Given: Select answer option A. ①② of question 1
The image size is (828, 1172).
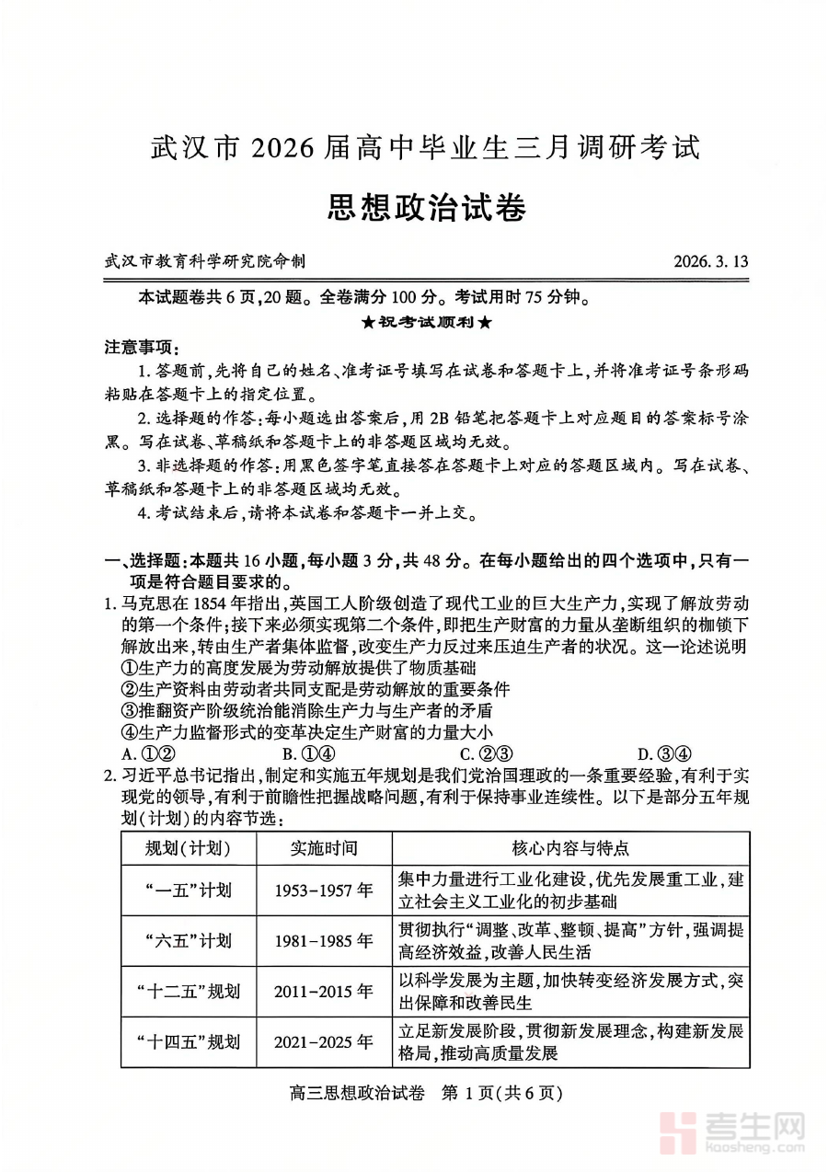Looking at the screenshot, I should pos(142,752).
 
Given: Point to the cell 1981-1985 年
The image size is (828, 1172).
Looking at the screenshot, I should pos(324,940).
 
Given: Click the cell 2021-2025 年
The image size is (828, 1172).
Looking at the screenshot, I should pos(324,1042).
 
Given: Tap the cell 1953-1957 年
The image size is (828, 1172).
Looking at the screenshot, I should pos(324,890).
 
